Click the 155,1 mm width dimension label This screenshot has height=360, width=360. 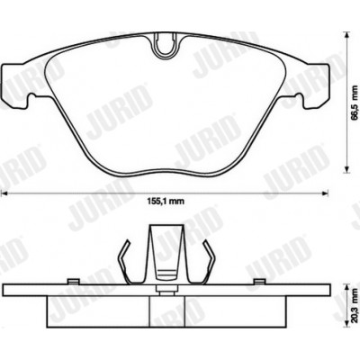[166, 202]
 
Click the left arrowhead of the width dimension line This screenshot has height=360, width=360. [4, 193]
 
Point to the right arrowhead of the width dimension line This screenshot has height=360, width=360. [325, 193]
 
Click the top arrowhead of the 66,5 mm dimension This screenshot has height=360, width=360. [346, 34]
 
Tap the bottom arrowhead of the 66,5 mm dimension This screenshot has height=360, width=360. [346, 169]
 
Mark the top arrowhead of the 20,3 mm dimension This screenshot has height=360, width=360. [346, 286]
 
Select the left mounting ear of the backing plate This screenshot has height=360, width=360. [15, 85]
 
